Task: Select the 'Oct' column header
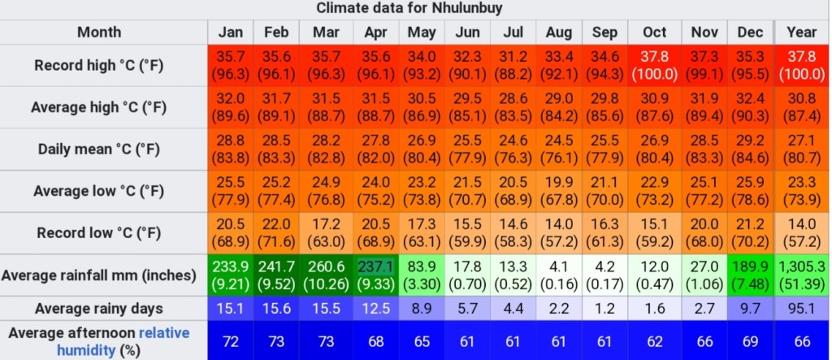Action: [654, 33]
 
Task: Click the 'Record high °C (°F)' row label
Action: [98, 65]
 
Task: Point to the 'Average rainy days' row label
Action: [98, 309]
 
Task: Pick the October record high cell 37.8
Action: [654, 65]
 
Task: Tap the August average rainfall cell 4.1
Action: [559, 275]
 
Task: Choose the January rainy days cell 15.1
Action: [231, 309]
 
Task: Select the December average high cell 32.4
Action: [750, 106]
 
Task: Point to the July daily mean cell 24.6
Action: [513, 149]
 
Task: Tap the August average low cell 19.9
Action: [559, 191]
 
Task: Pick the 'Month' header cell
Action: [98, 33]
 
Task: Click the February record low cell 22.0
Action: [276, 233]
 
